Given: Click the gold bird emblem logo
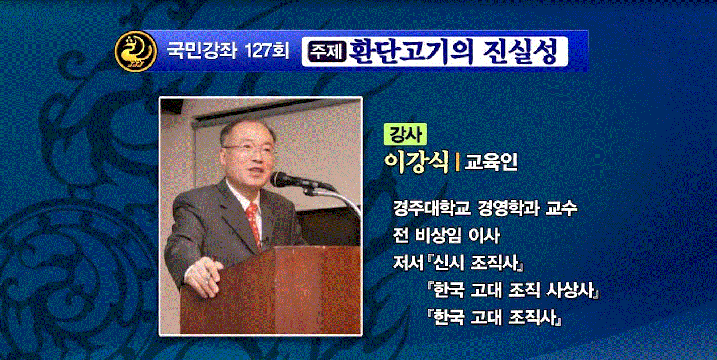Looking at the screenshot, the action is coord(136,51).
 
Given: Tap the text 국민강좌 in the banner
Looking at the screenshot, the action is coord(202,51).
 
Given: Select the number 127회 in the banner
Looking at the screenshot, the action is coord(266,51).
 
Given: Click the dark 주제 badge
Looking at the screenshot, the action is coord(327,51).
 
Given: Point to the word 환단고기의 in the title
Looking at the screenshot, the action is coord(410,51).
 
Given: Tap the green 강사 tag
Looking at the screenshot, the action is coord(405,134).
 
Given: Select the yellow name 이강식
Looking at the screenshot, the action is coord(416,162).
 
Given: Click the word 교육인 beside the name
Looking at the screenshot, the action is coord(491,162).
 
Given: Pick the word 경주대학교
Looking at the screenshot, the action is coord(432,208).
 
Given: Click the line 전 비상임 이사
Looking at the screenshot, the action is coord(446,236).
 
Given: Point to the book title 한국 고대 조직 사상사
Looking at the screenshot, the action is coord(513,290).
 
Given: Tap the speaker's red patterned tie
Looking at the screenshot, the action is coord(254,225).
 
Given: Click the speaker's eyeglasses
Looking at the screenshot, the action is coord(249,149).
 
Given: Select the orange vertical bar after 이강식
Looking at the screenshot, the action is coord(457,163).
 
